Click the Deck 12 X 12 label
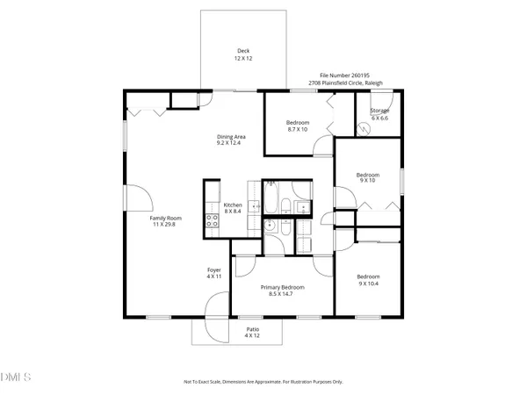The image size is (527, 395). [238, 54]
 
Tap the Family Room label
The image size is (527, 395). [165, 220]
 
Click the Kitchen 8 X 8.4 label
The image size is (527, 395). [233, 208]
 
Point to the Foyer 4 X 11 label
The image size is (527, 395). [214, 273]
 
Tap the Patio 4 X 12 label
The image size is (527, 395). [252, 332]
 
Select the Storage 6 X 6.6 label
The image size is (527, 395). [379, 114]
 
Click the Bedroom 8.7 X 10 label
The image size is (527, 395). [299, 126]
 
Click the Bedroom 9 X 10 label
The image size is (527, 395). [367, 178]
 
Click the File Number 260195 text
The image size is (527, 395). [344, 76]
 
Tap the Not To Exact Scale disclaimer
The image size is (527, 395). [263, 382]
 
